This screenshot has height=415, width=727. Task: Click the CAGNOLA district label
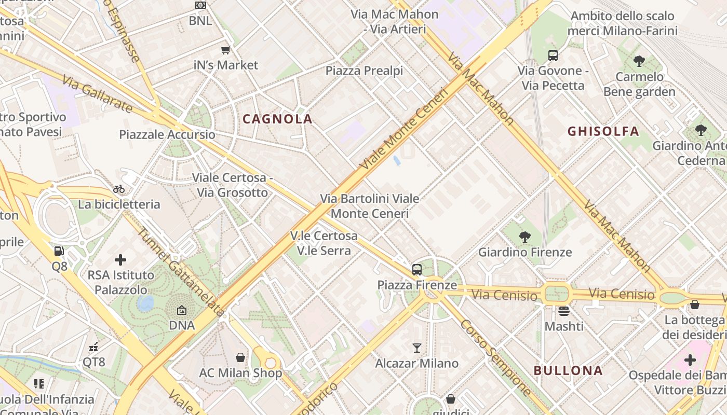pyautogui.click(x=277, y=119)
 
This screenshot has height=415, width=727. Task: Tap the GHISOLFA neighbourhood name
pyautogui.click(x=603, y=131)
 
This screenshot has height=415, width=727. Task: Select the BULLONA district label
pyautogui.click(x=568, y=370)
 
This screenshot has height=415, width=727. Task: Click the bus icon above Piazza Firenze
pyautogui.click(x=416, y=269)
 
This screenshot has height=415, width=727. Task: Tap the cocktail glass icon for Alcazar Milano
pyautogui.click(x=416, y=348)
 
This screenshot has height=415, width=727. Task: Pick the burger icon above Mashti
pyautogui.click(x=564, y=311)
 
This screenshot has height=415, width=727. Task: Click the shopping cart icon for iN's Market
pyautogui.click(x=225, y=50)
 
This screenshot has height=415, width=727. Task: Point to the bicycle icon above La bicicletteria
pyautogui.click(x=119, y=189)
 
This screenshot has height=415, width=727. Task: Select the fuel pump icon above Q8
pyautogui.click(x=59, y=251)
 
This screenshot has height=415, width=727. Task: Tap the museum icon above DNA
pyautogui.click(x=181, y=310)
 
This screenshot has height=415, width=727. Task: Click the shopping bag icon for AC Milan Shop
pyautogui.click(x=240, y=357)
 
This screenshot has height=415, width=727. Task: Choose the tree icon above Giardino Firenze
pyautogui.click(x=524, y=237)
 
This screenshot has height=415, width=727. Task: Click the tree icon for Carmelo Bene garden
pyautogui.click(x=639, y=61)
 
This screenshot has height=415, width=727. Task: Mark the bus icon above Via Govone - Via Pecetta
pyautogui.click(x=553, y=55)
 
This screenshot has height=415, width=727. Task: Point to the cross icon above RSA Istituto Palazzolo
pyautogui.click(x=120, y=259)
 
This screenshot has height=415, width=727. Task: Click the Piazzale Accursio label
pyautogui.click(x=167, y=135)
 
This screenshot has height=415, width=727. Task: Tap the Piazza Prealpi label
pyautogui.click(x=364, y=71)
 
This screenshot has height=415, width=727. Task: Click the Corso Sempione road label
pyautogui.click(x=495, y=357)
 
